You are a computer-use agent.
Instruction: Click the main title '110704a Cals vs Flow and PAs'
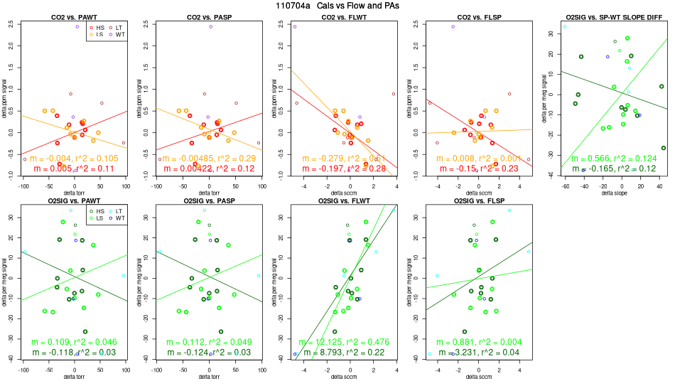click(337, 5)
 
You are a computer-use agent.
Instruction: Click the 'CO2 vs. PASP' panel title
click(209, 16)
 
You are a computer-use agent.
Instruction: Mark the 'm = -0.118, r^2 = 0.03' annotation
click(74, 352)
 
